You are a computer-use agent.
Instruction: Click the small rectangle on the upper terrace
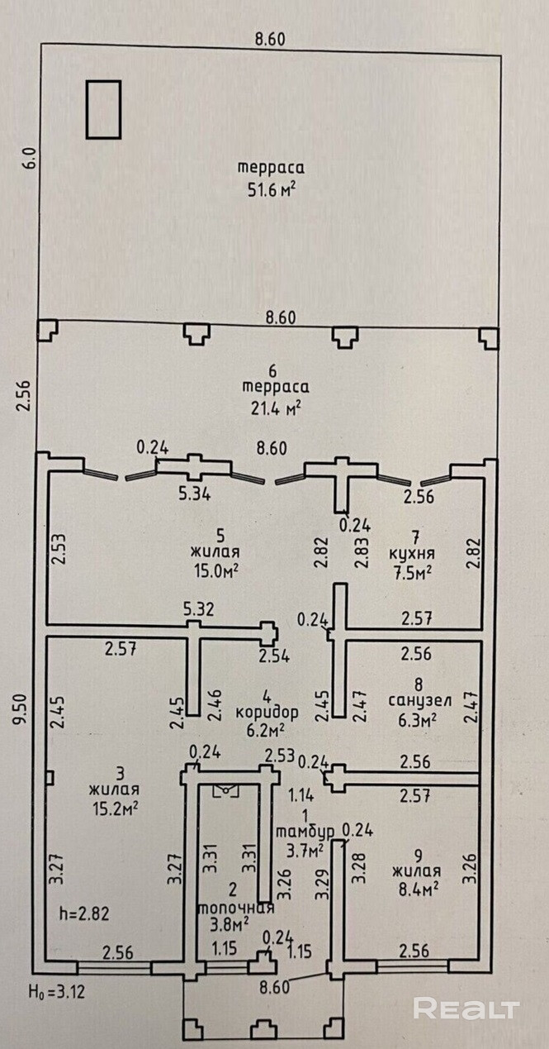[x=104, y=108]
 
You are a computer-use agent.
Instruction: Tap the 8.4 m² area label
[x=416, y=887]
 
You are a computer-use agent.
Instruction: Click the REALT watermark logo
[x=466, y=1008]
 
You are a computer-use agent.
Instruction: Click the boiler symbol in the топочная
[x=225, y=790]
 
